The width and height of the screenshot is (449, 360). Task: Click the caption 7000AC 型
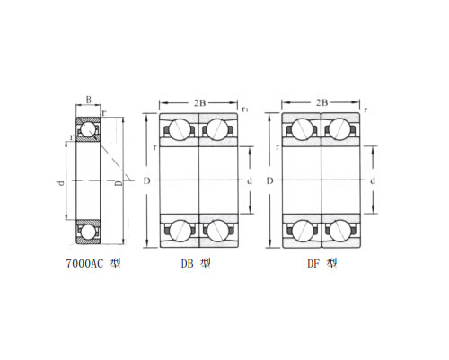click(93, 264)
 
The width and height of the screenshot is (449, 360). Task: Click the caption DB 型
click(196, 263)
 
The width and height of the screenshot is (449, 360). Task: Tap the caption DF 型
click(322, 263)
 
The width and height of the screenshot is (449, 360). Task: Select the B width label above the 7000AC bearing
click(89, 100)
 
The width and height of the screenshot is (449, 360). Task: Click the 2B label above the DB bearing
click(199, 103)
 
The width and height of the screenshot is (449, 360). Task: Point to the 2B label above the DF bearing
click(321, 102)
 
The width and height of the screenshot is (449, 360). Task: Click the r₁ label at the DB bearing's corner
click(245, 110)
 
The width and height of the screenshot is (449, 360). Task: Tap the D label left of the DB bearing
click(146, 180)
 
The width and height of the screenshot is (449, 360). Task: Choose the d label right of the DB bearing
click(250, 180)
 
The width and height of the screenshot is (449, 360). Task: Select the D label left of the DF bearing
click(269, 180)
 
